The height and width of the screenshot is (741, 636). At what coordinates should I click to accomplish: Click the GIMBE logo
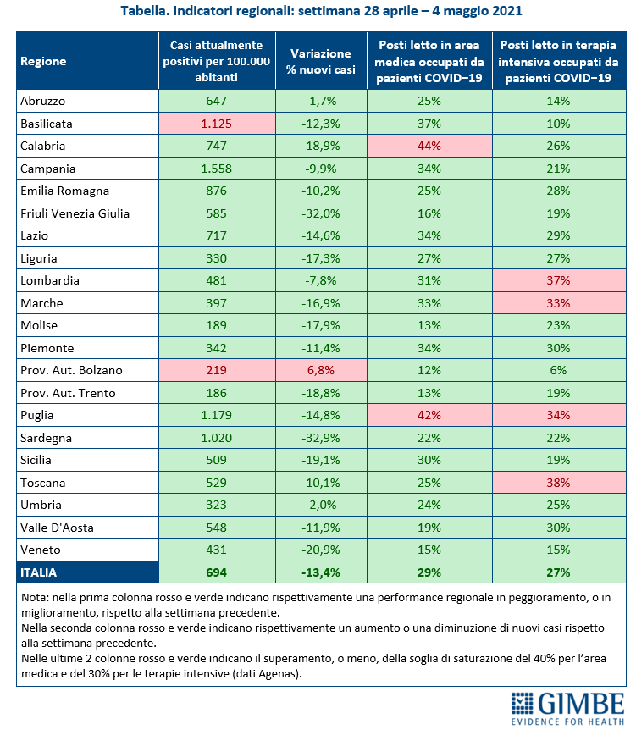pyautogui.click(x=567, y=708)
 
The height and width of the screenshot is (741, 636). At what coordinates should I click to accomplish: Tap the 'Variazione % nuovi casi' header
pyautogui.click(x=321, y=61)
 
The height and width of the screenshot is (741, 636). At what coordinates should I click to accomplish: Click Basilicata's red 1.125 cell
pyautogui.click(x=217, y=124)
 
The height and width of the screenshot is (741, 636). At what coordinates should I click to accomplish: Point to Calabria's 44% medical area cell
pyautogui.click(x=429, y=146)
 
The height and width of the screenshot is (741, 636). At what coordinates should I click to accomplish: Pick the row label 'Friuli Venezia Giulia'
pyautogui.click(x=75, y=213)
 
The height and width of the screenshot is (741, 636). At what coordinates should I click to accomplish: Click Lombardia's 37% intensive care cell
pyautogui.click(x=559, y=280)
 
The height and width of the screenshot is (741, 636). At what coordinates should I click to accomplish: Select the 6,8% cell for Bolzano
pyautogui.click(x=321, y=370)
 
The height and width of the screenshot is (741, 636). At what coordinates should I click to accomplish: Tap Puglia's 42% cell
pyautogui.click(x=429, y=415)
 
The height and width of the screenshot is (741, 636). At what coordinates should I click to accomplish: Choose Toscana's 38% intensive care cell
pyautogui.click(x=559, y=483)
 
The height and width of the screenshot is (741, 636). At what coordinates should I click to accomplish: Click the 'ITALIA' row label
pyautogui.click(x=39, y=572)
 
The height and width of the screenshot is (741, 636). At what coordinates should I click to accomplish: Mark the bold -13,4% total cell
pyautogui.click(x=321, y=572)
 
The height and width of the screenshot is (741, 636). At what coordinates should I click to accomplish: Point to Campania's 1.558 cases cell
pyautogui.click(x=217, y=169)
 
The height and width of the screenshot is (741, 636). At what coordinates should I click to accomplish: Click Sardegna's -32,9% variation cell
pyautogui.click(x=321, y=438)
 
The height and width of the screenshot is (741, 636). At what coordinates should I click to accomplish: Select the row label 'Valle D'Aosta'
pyautogui.click(x=58, y=528)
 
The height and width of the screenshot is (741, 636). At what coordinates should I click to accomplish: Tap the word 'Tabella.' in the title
pyautogui.click(x=145, y=10)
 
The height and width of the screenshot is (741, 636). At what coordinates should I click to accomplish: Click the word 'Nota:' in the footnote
pyautogui.click(x=36, y=597)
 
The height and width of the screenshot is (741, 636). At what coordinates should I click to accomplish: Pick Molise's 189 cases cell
pyautogui.click(x=217, y=325)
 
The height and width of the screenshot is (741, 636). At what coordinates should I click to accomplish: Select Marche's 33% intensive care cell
pyautogui.click(x=559, y=303)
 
